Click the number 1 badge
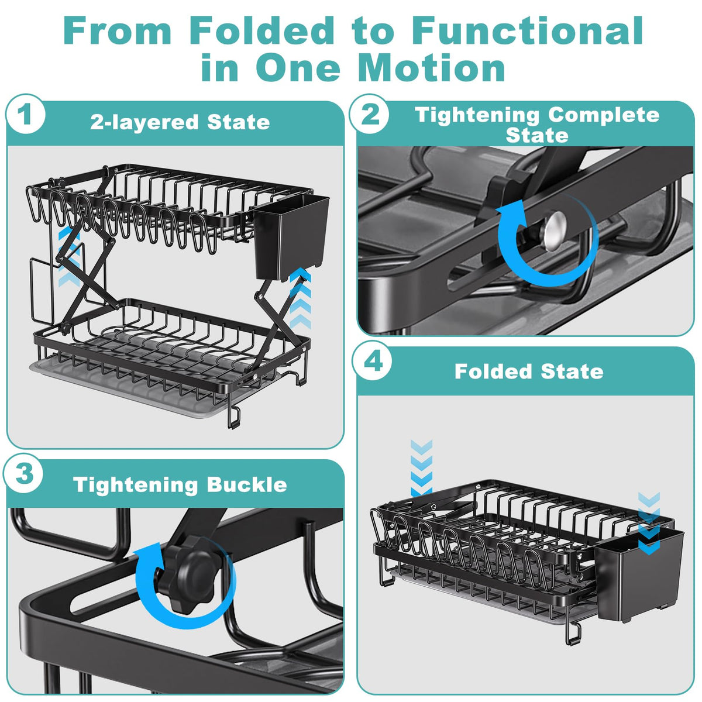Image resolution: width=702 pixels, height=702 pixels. click(25, 114)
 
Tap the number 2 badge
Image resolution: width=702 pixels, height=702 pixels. click(369, 114)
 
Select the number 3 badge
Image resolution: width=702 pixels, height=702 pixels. click(23, 474)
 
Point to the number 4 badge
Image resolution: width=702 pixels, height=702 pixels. click(372, 361)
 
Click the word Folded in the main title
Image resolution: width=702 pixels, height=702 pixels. click(261, 31)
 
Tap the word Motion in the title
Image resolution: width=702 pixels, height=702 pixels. click(432, 68)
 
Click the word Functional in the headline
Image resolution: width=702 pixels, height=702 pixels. click(528, 31)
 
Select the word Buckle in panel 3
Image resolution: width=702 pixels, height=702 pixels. click(247, 485)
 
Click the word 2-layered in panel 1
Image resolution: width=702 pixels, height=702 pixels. click(144, 123)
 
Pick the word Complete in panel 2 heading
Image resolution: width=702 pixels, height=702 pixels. click(604, 115)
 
